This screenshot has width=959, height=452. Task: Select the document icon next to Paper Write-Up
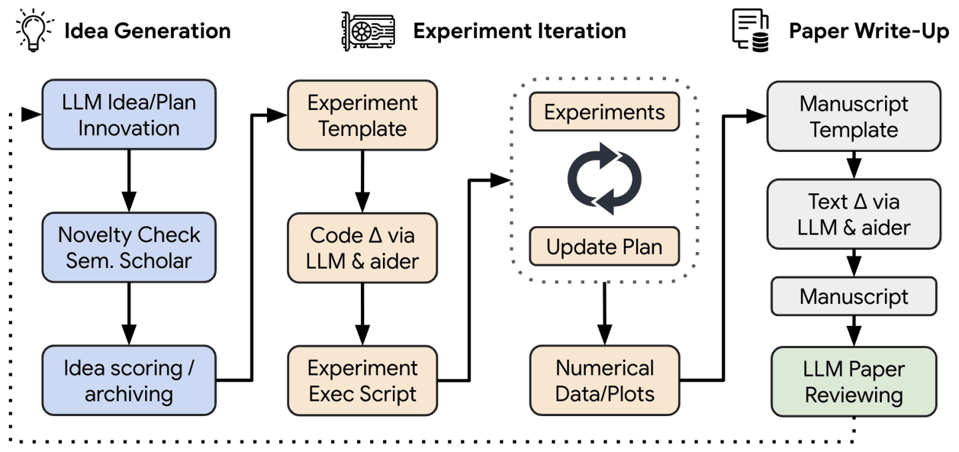[x=751, y=30]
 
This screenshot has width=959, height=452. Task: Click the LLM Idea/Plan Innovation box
[x=129, y=115]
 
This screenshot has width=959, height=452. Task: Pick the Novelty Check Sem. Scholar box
[x=129, y=247]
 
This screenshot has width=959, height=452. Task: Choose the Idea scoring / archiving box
[x=129, y=380]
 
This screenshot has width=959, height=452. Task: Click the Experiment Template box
[x=362, y=115]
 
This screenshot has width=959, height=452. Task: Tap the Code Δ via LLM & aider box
[x=362, y=247]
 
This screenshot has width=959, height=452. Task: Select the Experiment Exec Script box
[x=362, y=380]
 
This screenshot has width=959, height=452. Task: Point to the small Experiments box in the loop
[x=604, y=112]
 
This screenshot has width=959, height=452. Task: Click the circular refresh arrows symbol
[x=604, y=179]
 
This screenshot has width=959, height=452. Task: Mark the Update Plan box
[x=604, y=247]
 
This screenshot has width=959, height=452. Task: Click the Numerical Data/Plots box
[x=604, y=380]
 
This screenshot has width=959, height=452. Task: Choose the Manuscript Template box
[x=854, y=116]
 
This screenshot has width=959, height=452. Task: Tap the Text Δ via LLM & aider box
[x=854, y=214]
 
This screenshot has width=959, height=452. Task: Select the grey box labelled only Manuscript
[x=854, y=296]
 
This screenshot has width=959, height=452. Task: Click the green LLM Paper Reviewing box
[x=854, y=381]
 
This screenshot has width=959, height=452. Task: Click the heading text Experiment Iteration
[x=519, y=31]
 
